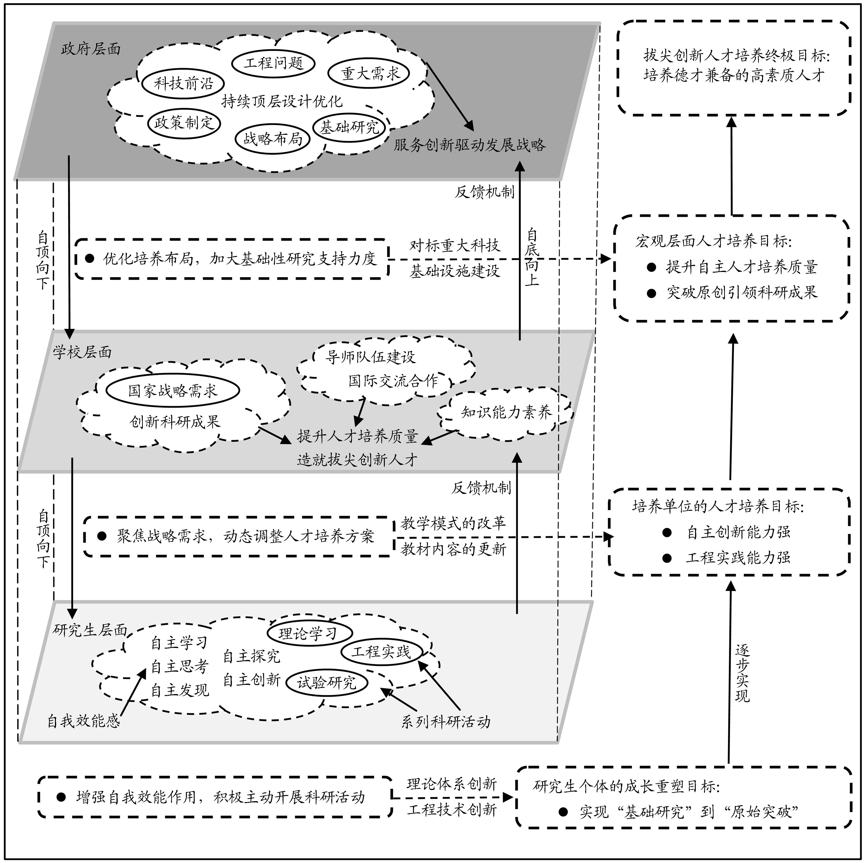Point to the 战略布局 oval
click(272, 139)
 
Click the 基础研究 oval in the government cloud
click(349, 127)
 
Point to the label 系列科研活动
click(446, 722)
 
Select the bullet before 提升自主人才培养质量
click(651, 267)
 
